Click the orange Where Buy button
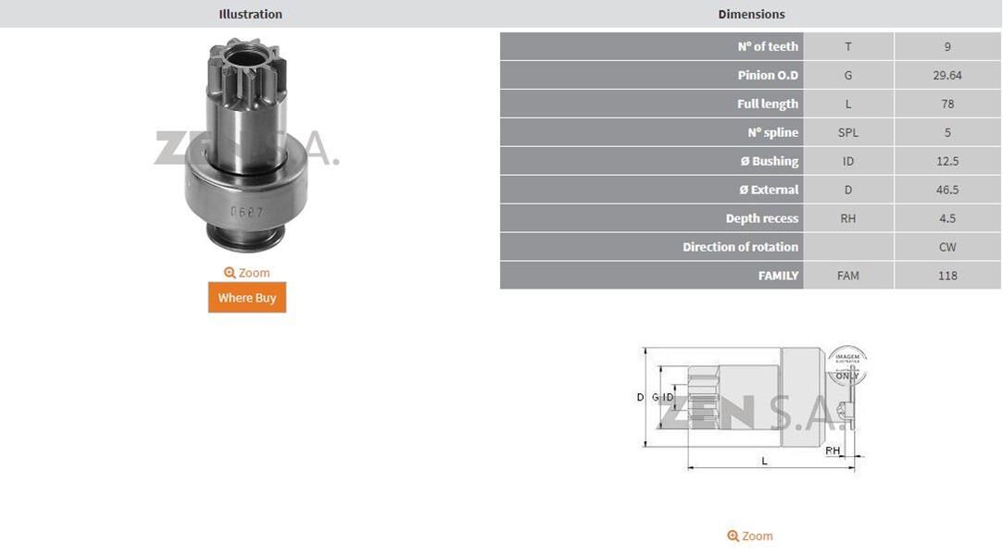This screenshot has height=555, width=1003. [x=247, y=298]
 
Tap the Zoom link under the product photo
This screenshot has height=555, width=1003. [x=247, y=273]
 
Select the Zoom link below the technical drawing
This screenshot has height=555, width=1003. [x=749, y=536]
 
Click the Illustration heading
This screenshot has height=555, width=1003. [x=250, y=14]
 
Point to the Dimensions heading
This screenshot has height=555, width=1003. [x=751, y=14]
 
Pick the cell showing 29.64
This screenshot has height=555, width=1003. [x=947, y=75]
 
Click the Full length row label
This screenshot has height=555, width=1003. [x=768, y=104]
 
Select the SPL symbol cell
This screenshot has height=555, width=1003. [x=848, y=132]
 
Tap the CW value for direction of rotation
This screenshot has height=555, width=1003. [x=947, y=247]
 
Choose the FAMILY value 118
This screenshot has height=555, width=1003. [x=947, y=276]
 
